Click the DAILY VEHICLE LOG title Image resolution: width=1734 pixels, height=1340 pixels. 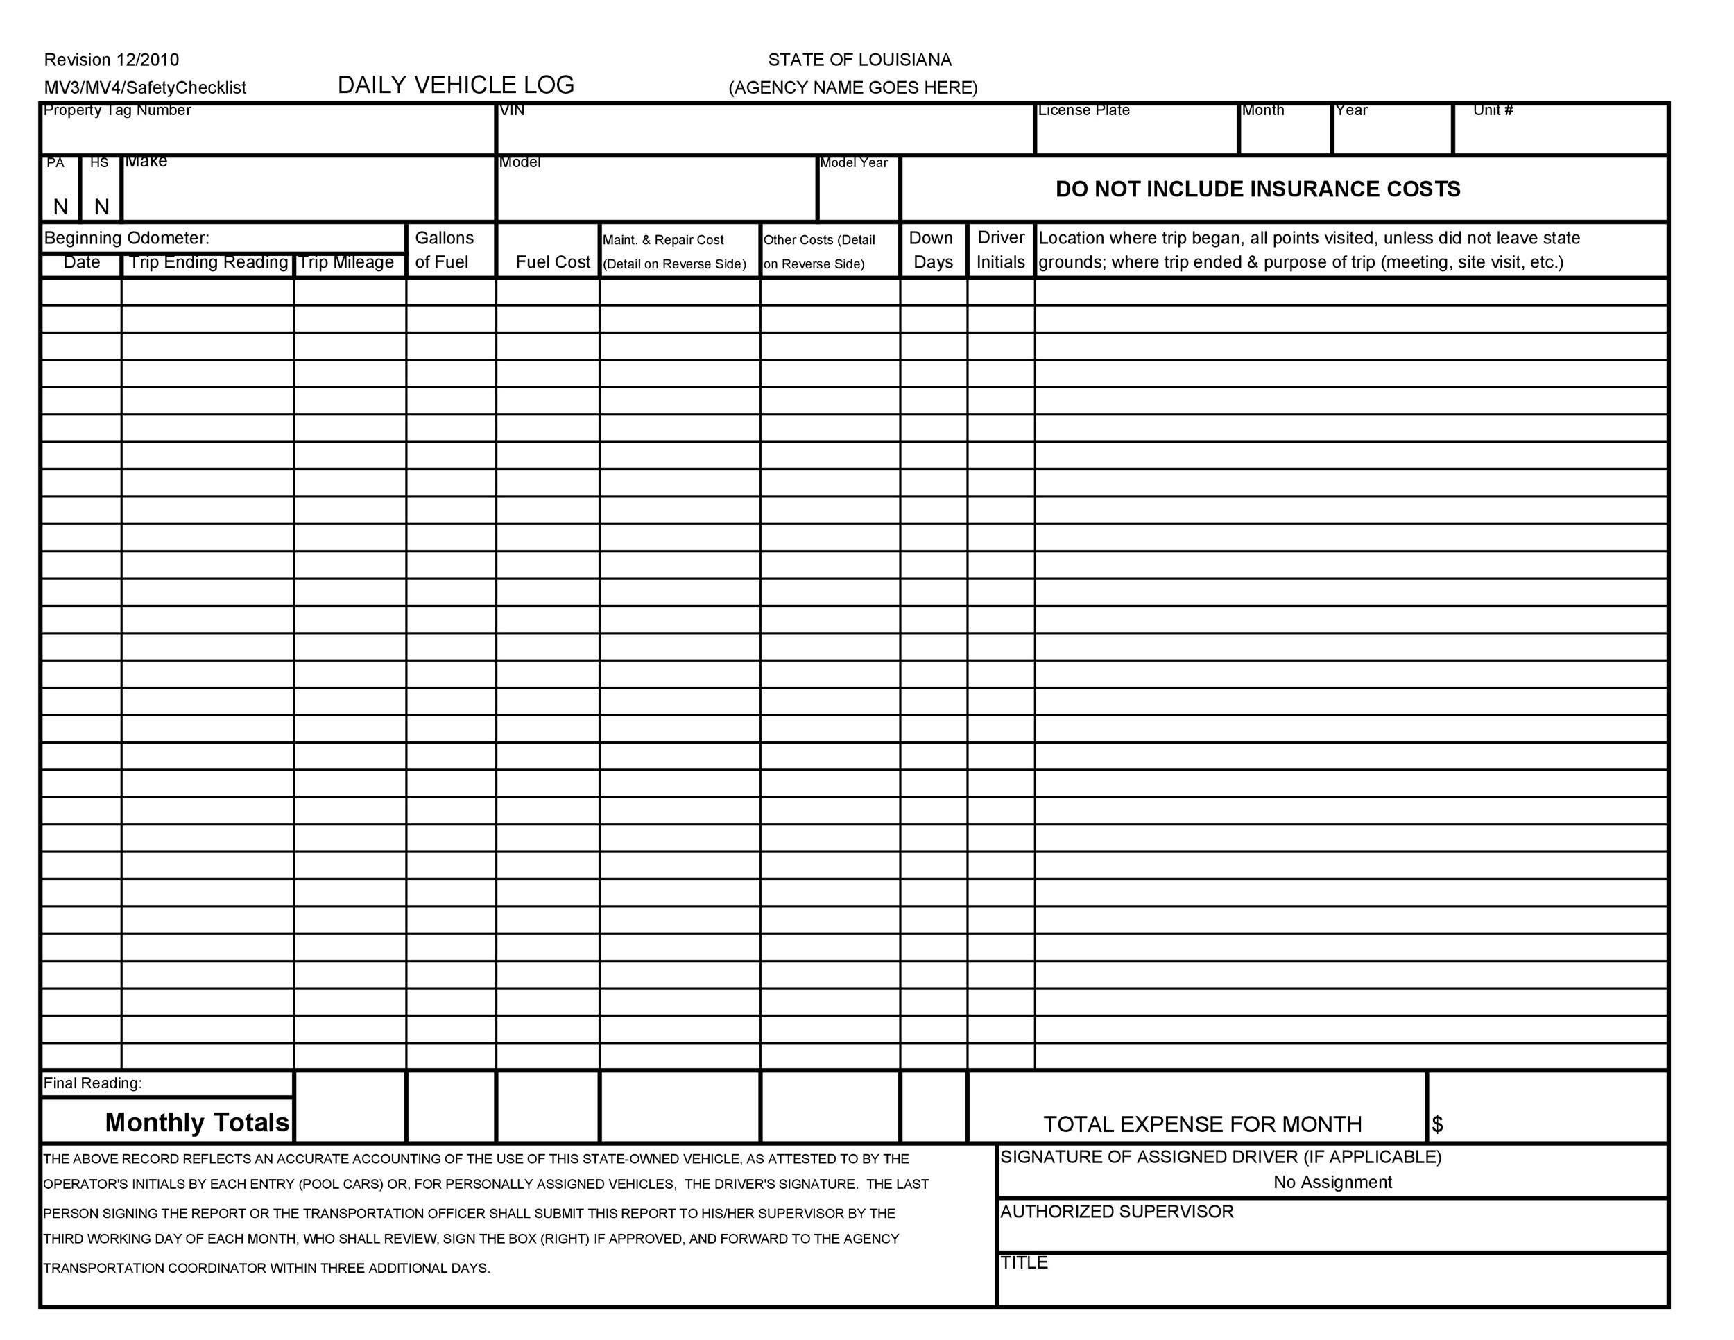[x=456, y=85]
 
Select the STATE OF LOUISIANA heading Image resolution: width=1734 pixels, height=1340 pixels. [x=859, y=60]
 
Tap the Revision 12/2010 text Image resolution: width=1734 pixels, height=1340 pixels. [x=111, y=60]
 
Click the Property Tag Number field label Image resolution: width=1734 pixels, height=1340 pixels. [x=117, y=110]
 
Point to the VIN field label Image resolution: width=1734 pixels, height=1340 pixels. [x=512, y=110]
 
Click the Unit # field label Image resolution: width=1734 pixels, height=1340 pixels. [x=1493, y=110]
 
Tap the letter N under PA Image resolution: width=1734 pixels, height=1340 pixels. [x=60, y=207]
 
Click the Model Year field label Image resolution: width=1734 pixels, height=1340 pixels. [x=854, y=163]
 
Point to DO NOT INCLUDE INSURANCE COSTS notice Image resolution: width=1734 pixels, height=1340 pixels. [x=1257, y=189]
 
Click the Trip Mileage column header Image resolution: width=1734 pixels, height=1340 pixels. [x=346, y=263]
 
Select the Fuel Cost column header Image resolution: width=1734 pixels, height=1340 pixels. [x=553, y=263]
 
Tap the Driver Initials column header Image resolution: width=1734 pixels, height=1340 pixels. [x=1000, y=250]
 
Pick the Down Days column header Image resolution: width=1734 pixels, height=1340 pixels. [x=932, y=250]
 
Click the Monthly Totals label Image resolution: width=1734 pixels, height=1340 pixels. [x=197, y=1122]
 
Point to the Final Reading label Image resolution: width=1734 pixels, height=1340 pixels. [x=93, y=1083]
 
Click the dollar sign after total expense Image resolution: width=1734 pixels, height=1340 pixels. [x=1437, y=1124]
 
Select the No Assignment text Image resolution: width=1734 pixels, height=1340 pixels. [x=1332, y=1182]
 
